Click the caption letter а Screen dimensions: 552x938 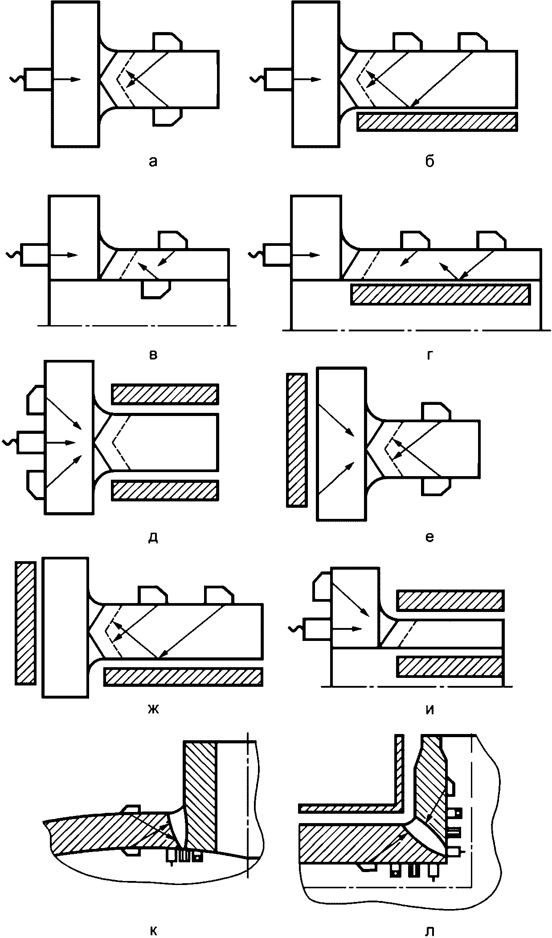[153, 161]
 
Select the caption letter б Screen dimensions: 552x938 [429, 160]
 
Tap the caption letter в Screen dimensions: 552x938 [153, 355]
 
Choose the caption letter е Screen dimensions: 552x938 [429, 537]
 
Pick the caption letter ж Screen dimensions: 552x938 [153, 709]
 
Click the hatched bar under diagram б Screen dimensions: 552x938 [438, 122]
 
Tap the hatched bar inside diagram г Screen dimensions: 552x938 [441, 294]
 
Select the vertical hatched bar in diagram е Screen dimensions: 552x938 [296, 440]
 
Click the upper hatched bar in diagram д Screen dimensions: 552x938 [165, 394]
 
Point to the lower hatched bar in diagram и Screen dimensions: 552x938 [450, 666]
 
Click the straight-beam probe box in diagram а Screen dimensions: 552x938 [38, 80]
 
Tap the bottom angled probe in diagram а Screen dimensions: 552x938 [167, 117]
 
